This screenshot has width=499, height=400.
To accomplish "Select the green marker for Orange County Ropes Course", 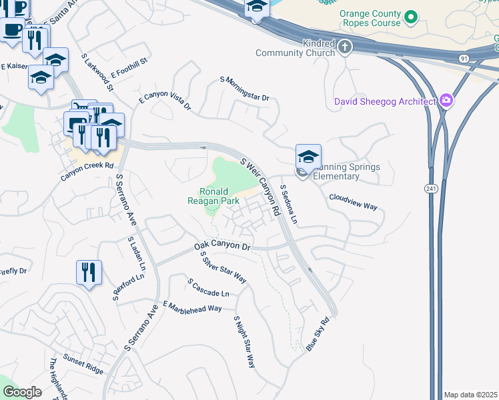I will pos(412,17).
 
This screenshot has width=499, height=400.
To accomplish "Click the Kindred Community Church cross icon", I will pos(344,47).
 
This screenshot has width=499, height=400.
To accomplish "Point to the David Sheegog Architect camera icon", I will pos(446,101).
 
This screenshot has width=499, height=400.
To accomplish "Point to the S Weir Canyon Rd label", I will pos(260,186).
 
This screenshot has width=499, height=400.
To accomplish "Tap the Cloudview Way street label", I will pos(353,202).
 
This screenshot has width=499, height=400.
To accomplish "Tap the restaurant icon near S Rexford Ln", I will pos(89,272).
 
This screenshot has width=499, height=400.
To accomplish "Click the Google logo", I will pos(22,392).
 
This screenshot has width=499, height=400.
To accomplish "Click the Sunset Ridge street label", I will pos(83,364).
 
